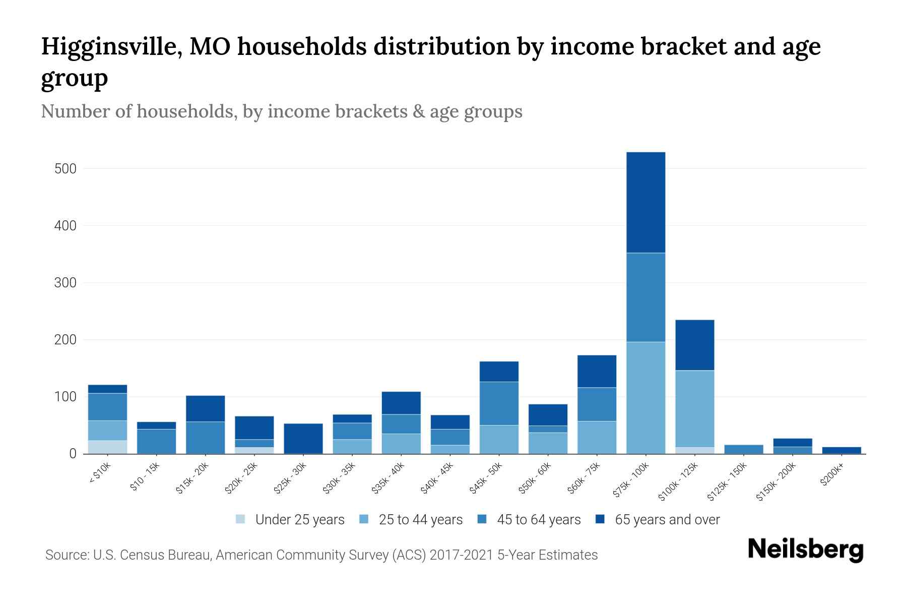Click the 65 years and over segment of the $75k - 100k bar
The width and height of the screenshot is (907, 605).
(645, 202)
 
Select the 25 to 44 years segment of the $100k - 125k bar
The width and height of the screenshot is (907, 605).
(694, 408)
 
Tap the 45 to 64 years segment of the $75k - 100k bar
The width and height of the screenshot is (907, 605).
(645, 297)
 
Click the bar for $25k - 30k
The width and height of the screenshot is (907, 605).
(303, 439)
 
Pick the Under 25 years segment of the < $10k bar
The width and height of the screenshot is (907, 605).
(107, 447)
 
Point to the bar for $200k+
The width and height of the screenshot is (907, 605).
(841, 450)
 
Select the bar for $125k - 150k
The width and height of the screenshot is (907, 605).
(743, 449)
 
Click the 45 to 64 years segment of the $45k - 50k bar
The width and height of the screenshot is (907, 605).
(499, 403)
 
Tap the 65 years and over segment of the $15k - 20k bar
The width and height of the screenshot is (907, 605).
(205, 408)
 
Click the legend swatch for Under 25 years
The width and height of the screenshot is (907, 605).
(241, 519)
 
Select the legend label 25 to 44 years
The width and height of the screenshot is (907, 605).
(420, 519)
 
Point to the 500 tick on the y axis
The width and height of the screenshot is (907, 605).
(66, 168)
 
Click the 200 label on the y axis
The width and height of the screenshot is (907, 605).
(66, 340)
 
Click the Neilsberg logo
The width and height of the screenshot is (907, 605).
(805, 550)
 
